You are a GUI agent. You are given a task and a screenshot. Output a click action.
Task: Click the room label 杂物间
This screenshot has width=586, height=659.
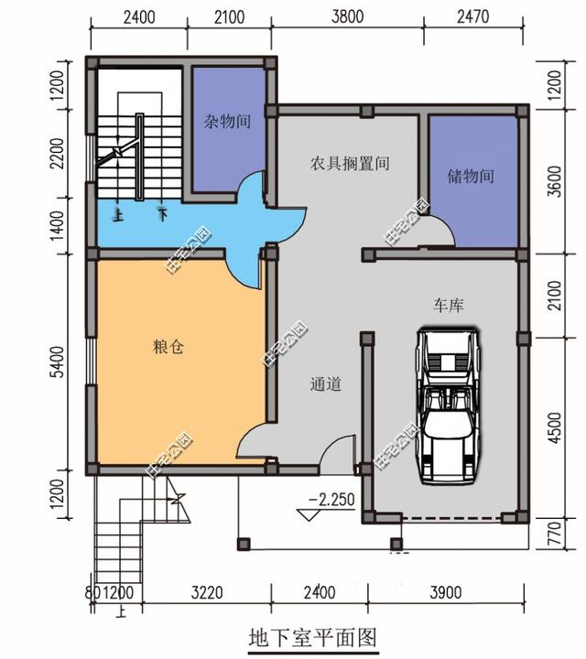click(x=228, y=120)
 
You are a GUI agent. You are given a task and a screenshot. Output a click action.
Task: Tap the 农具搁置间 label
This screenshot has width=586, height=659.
click(x=349, y=165)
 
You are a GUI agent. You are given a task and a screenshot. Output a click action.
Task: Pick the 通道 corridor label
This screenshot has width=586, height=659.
click(x=325, y=385)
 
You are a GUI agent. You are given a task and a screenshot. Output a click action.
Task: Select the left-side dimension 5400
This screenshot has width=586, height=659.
click(x=57, y=362)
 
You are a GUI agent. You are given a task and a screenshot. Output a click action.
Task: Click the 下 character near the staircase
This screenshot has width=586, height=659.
click(x=162, y=216)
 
